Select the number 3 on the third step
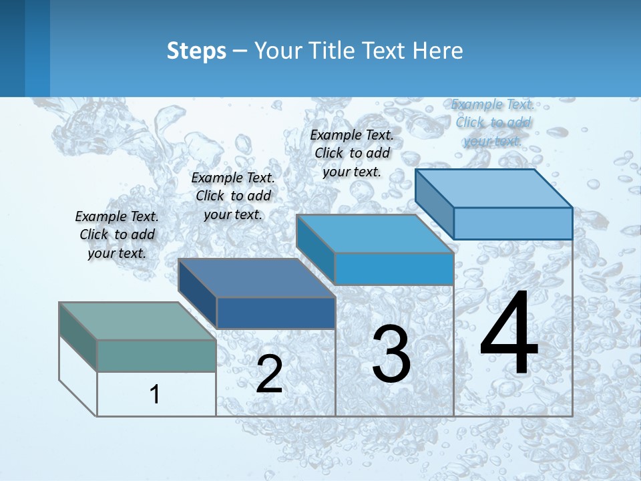pos(391,353)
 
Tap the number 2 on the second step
pos(269,374)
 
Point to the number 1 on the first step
pos(154,394)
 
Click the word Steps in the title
pos(196,51)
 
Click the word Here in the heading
pos(438,51)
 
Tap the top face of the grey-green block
pos(137,321)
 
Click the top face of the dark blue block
pos(256,277)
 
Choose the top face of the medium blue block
pos(375,234)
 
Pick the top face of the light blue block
pos(494,188)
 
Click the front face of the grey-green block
pos(156,355)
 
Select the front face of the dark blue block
pos(276,313)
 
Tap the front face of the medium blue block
pos(394,269)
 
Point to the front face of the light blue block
pos(513,223)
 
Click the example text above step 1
pos(117,234)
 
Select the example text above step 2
pos(233,196)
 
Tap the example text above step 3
pos(352,153)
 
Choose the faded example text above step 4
pos(493,122)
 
